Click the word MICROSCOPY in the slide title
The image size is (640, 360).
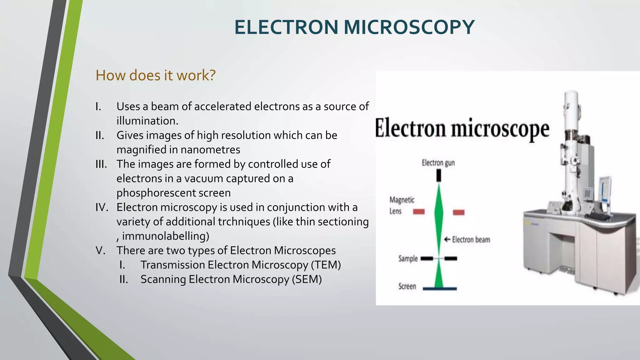409,27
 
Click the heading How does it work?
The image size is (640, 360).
155,75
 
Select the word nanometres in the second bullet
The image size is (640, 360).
210,150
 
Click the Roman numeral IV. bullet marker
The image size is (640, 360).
102,207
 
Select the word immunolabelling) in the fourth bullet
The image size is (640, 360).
165,236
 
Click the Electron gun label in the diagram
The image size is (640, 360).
438,163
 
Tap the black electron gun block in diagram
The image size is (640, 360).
439,176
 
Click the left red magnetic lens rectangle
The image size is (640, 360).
419,212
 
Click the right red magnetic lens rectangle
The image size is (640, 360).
458,212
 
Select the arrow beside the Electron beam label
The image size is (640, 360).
447,240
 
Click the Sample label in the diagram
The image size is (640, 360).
408,259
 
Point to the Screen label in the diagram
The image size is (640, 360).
407,286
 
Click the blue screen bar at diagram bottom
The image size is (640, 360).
440,289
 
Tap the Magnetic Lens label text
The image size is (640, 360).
402,205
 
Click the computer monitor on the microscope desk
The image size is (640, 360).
605,190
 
